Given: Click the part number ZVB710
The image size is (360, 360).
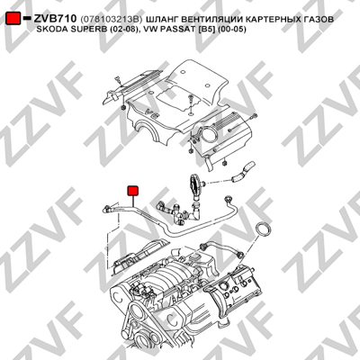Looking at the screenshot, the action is [55, 19].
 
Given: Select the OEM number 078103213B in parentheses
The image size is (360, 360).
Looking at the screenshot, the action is [111, 20].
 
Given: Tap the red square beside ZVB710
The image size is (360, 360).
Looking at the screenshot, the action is [13, 18].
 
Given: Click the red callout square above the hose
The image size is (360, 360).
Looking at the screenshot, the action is [133, 191].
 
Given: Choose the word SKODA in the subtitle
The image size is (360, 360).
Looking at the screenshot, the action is [49, 30].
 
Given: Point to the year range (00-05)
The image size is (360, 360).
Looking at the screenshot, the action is [232, 30].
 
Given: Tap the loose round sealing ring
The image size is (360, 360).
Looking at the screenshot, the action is [264, 229].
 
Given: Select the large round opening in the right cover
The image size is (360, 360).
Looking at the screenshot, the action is [208, 133].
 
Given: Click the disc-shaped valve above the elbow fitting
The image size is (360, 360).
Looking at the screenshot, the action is [194, 185].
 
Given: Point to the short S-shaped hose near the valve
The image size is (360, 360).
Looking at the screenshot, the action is [242, 172].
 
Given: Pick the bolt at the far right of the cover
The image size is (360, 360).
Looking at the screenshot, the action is [254, 116].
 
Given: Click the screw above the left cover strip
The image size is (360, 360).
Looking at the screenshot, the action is [117, 80].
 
